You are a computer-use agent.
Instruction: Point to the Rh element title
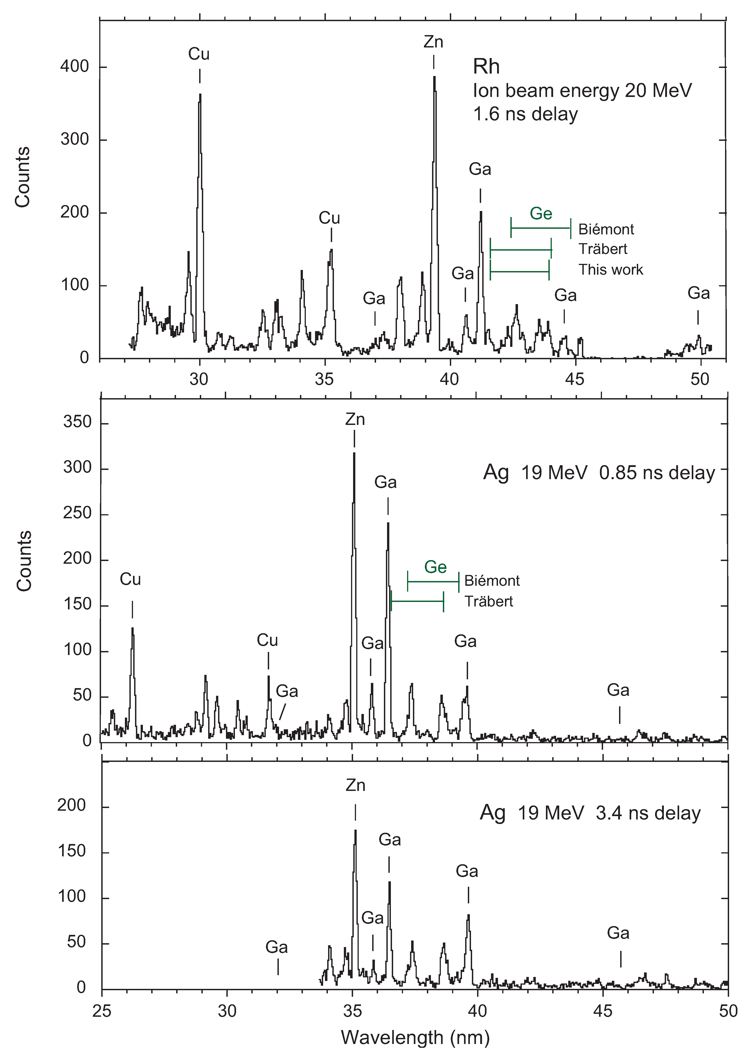(486, 67)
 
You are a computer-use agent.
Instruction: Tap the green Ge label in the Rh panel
(541, 213)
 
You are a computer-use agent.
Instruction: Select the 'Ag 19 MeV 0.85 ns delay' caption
(599, 473)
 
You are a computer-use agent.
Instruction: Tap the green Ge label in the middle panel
(435, 567)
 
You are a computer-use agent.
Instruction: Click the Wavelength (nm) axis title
(415, 1037)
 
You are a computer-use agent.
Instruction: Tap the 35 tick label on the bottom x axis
(352, 1011)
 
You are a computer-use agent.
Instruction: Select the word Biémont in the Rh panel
(606, 229)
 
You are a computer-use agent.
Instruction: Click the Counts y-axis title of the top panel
(22, 177)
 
